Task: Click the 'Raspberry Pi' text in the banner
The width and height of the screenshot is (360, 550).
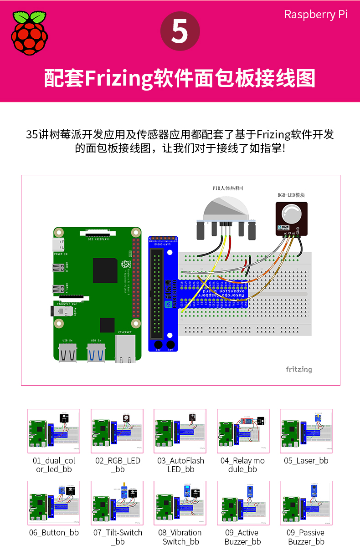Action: point(316,15)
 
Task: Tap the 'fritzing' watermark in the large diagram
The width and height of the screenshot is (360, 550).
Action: point(298,369)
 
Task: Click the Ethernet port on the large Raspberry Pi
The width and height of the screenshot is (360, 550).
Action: point(125,349)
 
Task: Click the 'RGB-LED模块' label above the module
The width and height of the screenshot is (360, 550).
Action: point(291,195)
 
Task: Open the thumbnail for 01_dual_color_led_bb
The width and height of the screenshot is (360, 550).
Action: point(54,431)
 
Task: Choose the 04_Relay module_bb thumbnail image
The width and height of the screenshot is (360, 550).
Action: point(243,431)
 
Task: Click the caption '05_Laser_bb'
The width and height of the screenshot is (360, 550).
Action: point(306,461)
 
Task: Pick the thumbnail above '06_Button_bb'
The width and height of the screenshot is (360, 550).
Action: point(54,503)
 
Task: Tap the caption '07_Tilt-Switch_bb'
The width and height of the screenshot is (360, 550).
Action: point(118,537)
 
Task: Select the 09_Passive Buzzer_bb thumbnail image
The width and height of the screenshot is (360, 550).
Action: point(306,503)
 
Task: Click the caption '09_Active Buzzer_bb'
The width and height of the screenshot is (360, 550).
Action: point(242,537)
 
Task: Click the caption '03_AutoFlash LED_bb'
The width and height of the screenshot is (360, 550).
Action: point(180,465)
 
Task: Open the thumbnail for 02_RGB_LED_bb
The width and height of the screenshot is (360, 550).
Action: point(117,431)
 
